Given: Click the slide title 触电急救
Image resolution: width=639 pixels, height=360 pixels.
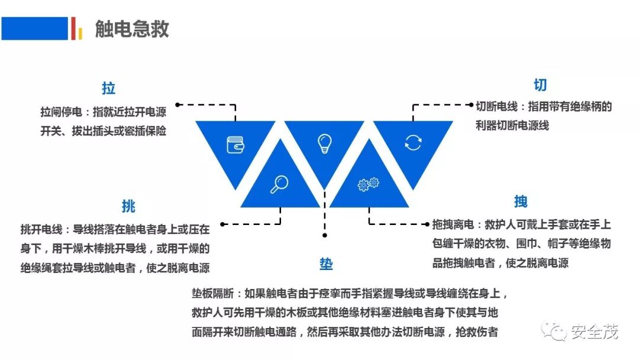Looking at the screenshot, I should pyautogui.click(x=132, y=28).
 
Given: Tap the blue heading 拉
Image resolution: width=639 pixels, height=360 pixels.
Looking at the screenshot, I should pyautogui.click(x=108, y=89).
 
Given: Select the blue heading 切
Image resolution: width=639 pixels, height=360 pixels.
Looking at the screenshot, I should pyautogui.click(x=540, y=85).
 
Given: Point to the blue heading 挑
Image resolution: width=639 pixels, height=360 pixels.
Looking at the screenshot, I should pyautogui.click(x=128, y=206).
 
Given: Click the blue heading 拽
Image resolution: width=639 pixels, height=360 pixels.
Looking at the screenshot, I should pyautogui.click(x=521, y=201).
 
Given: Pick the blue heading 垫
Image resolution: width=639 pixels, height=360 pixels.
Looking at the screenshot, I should pyautogui.click(x=326, y=264).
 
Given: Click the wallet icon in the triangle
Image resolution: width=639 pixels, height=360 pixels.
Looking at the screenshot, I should pyautogui.click(x=235, y=144).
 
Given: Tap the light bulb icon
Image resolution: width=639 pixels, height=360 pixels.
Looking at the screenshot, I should pyautogui.click(x=324, y=143).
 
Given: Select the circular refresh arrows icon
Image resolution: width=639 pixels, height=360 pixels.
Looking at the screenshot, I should pyautogui.click(x=413, y=142).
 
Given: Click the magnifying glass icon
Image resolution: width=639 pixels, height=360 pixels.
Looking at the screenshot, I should pyautogui.click(x=279, y=185).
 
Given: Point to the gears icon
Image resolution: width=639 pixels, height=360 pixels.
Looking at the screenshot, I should pyautogui.click(x=368, y=185).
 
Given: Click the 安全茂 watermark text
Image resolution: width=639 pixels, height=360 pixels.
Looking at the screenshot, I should pyautogui.click(x=595, y=332).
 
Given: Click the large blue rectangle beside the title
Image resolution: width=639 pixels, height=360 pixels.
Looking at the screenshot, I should pyautogui.click(x=35, y=28).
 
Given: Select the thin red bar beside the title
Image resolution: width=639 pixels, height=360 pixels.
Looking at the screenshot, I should pyautogui.click(x=73, y=28).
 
